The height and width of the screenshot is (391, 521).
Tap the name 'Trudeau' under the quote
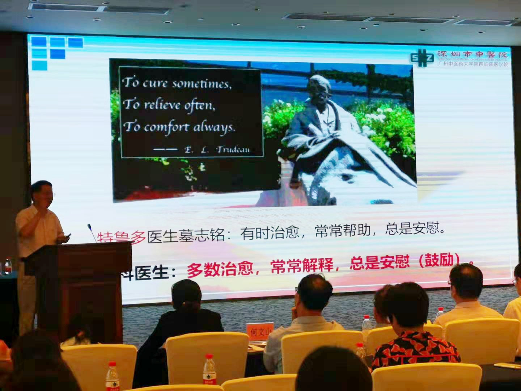tap(233, 149)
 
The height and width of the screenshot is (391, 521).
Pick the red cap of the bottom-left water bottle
tap(112, 365)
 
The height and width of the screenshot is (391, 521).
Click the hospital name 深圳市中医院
tap(473, 55)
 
